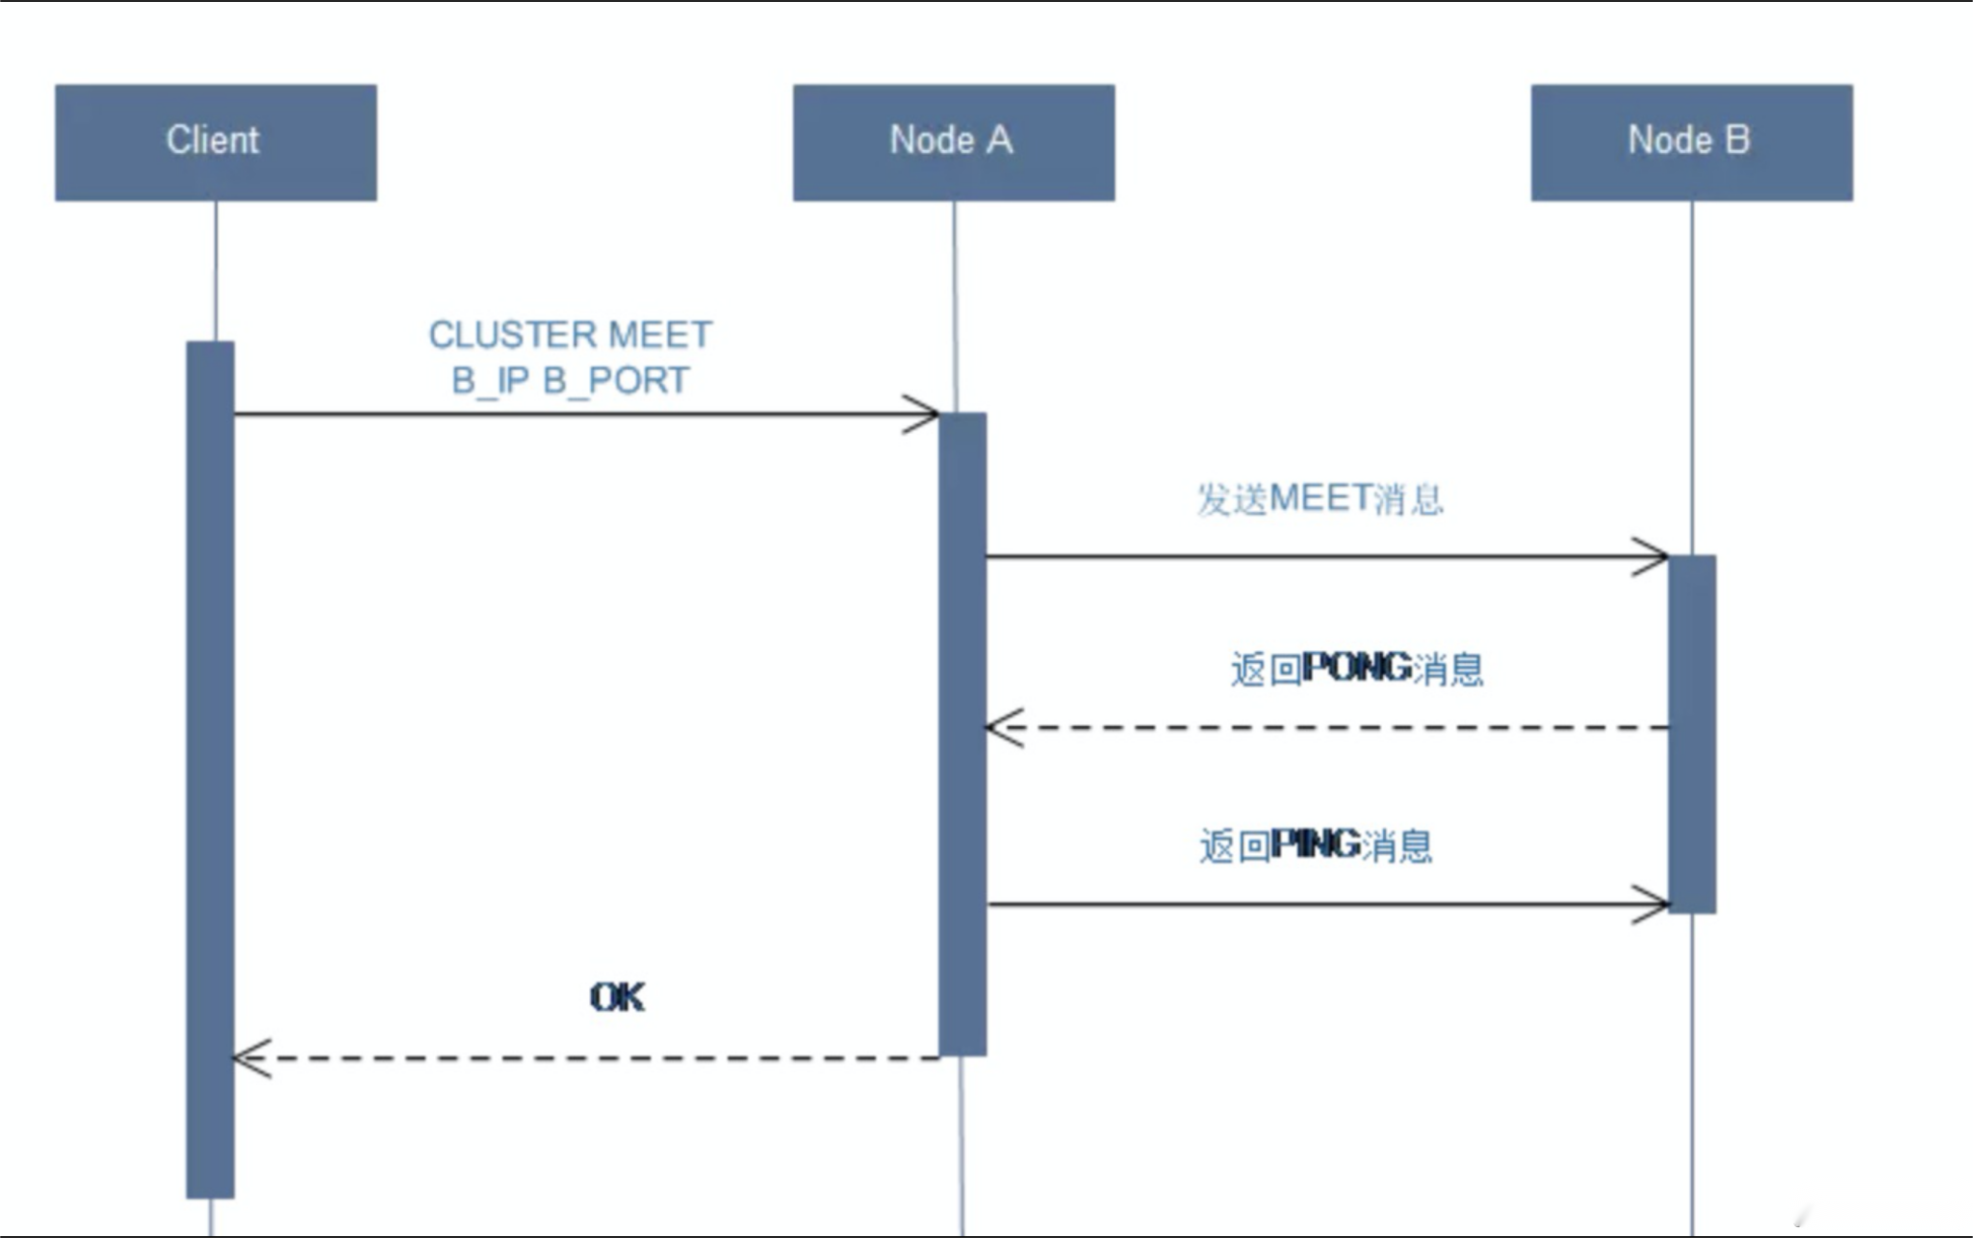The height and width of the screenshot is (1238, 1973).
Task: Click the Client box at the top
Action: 215,142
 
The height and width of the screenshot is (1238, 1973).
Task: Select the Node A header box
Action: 953,142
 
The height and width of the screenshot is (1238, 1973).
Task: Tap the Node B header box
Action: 1691,142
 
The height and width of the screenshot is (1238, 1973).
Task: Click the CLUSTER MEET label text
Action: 569,335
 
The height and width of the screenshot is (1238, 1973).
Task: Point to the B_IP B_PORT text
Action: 569,381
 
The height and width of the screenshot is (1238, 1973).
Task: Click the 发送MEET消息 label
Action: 1320,499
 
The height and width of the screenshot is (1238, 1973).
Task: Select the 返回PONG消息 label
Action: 1356,669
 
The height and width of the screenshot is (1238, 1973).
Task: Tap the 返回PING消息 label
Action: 1315,845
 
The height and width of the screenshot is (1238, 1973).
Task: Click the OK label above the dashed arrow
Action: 617,997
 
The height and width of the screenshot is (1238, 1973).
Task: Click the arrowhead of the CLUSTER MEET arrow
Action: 927,414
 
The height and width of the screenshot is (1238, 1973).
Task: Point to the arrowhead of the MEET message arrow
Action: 1657,557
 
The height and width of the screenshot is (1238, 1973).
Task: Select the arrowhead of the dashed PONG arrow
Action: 998,728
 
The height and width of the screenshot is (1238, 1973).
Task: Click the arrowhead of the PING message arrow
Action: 1657,904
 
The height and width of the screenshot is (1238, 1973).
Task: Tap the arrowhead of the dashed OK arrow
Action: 245,1058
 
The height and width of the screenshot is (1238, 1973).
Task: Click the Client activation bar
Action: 210,769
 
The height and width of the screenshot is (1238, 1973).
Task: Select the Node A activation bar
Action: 962,734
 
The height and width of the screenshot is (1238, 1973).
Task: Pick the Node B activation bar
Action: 1692,734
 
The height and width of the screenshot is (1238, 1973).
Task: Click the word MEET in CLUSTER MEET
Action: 660,335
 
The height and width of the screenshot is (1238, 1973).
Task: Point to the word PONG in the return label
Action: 1356,669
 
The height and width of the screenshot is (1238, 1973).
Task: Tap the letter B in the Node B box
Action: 1738,140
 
